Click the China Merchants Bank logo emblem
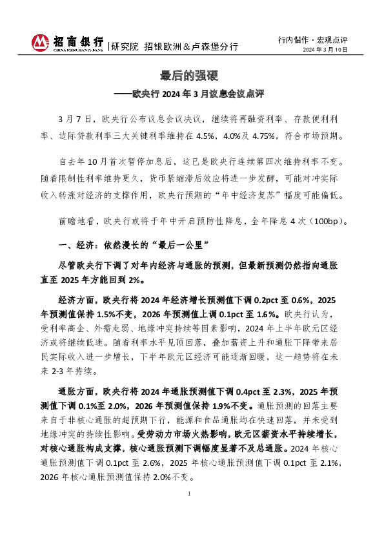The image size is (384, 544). pyautogui.click(x=40, y=43)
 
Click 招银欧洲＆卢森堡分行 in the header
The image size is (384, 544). pyautogui.click(x=190, y=47)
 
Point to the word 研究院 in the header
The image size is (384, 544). pyautogui.click(x=125, y=47)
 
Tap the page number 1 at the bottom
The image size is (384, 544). pyautogui.click(x=192, y=494)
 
